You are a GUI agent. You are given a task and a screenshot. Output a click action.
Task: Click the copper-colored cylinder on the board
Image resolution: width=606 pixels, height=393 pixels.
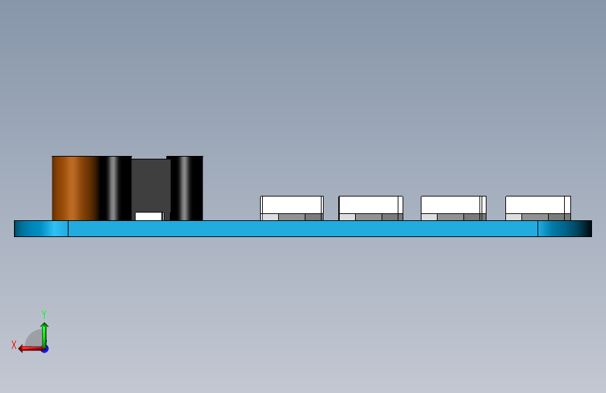[x=75, y=187]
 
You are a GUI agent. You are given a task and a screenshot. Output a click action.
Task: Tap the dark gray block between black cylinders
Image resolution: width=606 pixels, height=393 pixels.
[x=150, y=183]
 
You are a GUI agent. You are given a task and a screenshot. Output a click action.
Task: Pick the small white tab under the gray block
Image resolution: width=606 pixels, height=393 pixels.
[x=148, y=216]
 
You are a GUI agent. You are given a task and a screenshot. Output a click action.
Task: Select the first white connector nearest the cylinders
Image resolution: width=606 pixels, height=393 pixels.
[x=291, y=204]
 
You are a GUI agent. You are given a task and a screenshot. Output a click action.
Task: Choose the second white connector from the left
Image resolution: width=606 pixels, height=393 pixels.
[x=370, y=204]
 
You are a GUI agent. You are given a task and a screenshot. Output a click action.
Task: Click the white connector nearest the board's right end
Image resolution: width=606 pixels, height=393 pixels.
[x=537, y=204]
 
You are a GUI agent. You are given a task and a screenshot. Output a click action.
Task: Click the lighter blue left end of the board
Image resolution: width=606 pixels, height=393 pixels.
[x=41, y=229]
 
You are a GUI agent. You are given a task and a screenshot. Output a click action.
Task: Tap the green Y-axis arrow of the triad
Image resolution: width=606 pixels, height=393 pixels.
[x=44, y=332]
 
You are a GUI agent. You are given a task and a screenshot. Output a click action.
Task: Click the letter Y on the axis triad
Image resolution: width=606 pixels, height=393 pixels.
[x=44, y=315]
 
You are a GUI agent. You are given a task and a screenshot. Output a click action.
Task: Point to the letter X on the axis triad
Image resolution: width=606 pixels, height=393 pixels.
[x=14, y=345]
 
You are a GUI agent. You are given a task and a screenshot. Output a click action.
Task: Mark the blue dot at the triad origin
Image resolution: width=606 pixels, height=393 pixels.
[x=45, y=348]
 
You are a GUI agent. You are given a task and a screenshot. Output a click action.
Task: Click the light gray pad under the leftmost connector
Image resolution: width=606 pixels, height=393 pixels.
[x=270, y=217]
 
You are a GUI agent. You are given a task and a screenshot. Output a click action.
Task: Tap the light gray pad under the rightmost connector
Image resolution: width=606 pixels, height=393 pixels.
[x=513, y=217]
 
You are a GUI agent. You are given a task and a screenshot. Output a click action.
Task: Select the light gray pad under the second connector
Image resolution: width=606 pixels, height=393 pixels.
[x=347, y=217]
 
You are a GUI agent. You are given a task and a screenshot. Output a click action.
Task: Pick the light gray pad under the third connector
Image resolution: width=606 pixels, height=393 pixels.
[x=429, y=217]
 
